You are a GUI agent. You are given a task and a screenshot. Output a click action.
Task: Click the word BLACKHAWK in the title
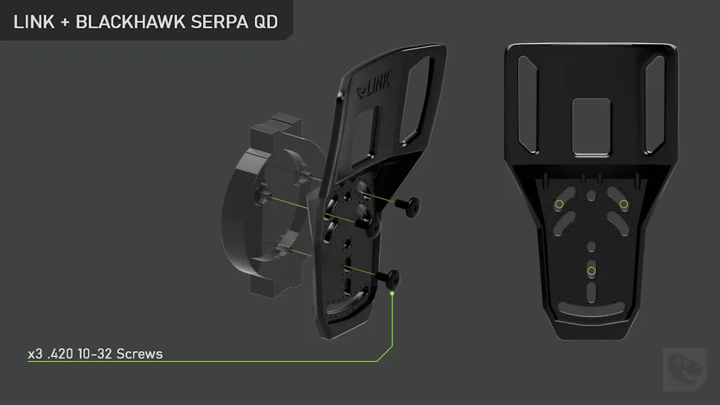tap(130, 22)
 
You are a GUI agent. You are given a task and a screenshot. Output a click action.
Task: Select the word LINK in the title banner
tap(34, 22)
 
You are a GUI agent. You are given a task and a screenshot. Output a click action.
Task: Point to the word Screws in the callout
tap(140, 354)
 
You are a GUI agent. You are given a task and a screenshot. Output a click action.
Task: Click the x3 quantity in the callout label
tap(35, 354)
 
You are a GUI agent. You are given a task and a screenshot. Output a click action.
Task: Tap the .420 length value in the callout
tap(60, 354)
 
